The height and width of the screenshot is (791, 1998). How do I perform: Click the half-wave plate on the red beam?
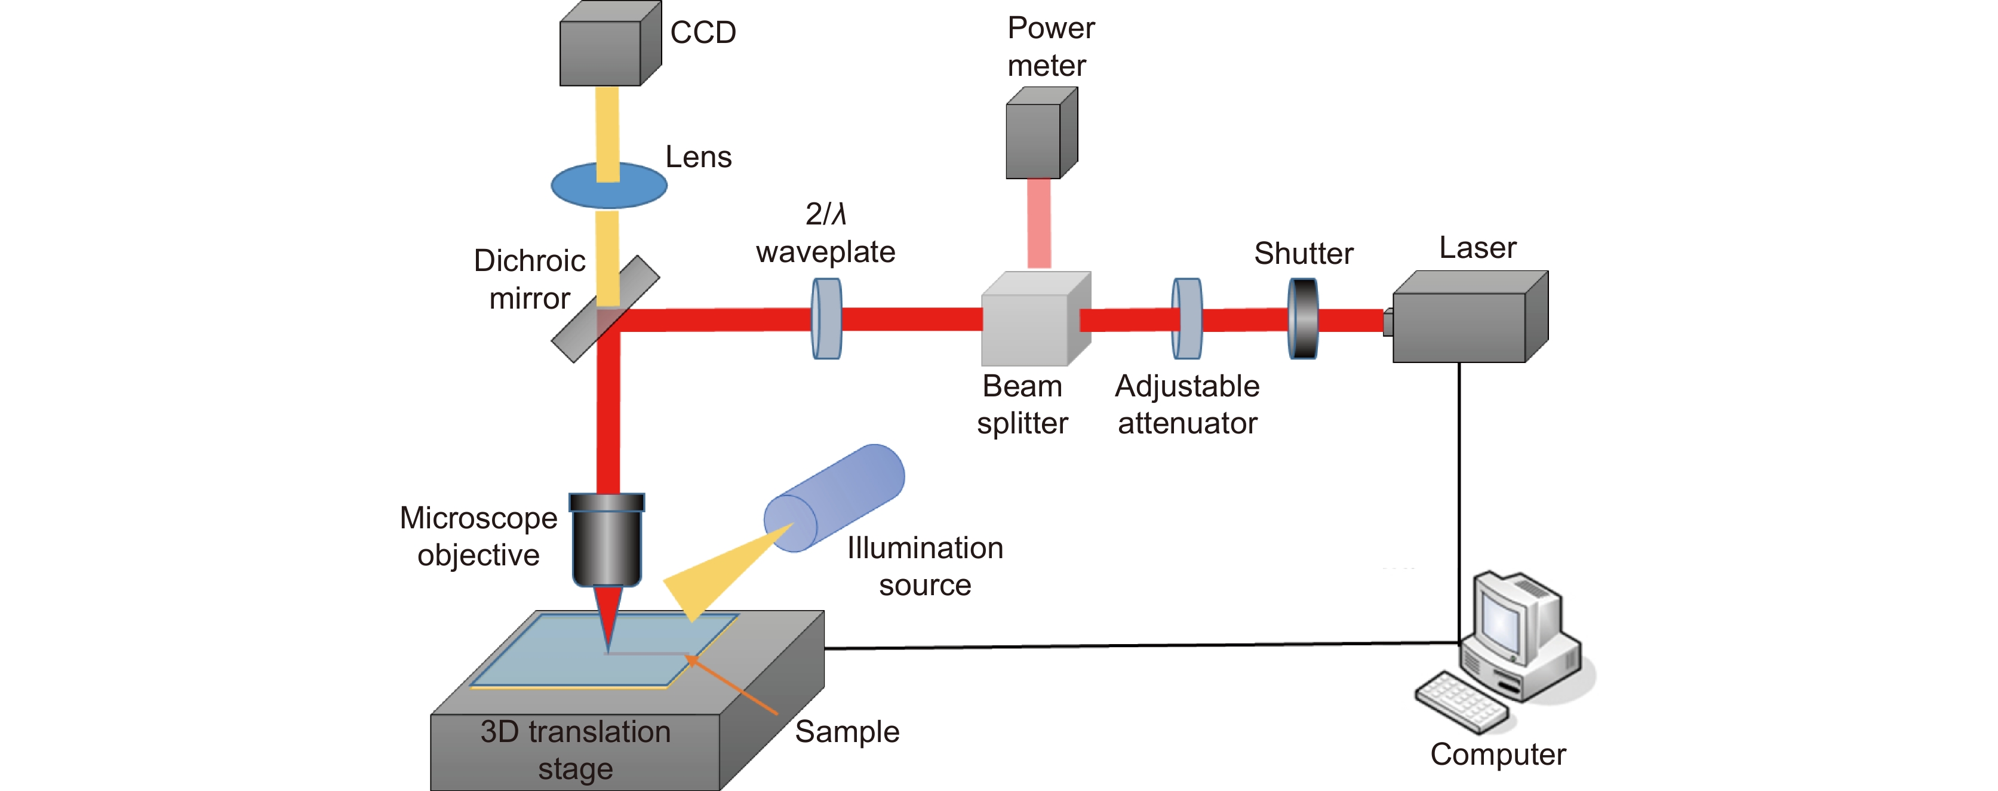click(827, 319)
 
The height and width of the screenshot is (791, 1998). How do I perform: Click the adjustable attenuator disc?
click(1186, 319)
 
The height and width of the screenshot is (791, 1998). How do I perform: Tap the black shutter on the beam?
click(1303, 319)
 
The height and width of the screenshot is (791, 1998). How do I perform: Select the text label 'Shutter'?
click(1304, 254)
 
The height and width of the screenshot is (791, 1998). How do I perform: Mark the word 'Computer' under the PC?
click(1498, 755)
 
